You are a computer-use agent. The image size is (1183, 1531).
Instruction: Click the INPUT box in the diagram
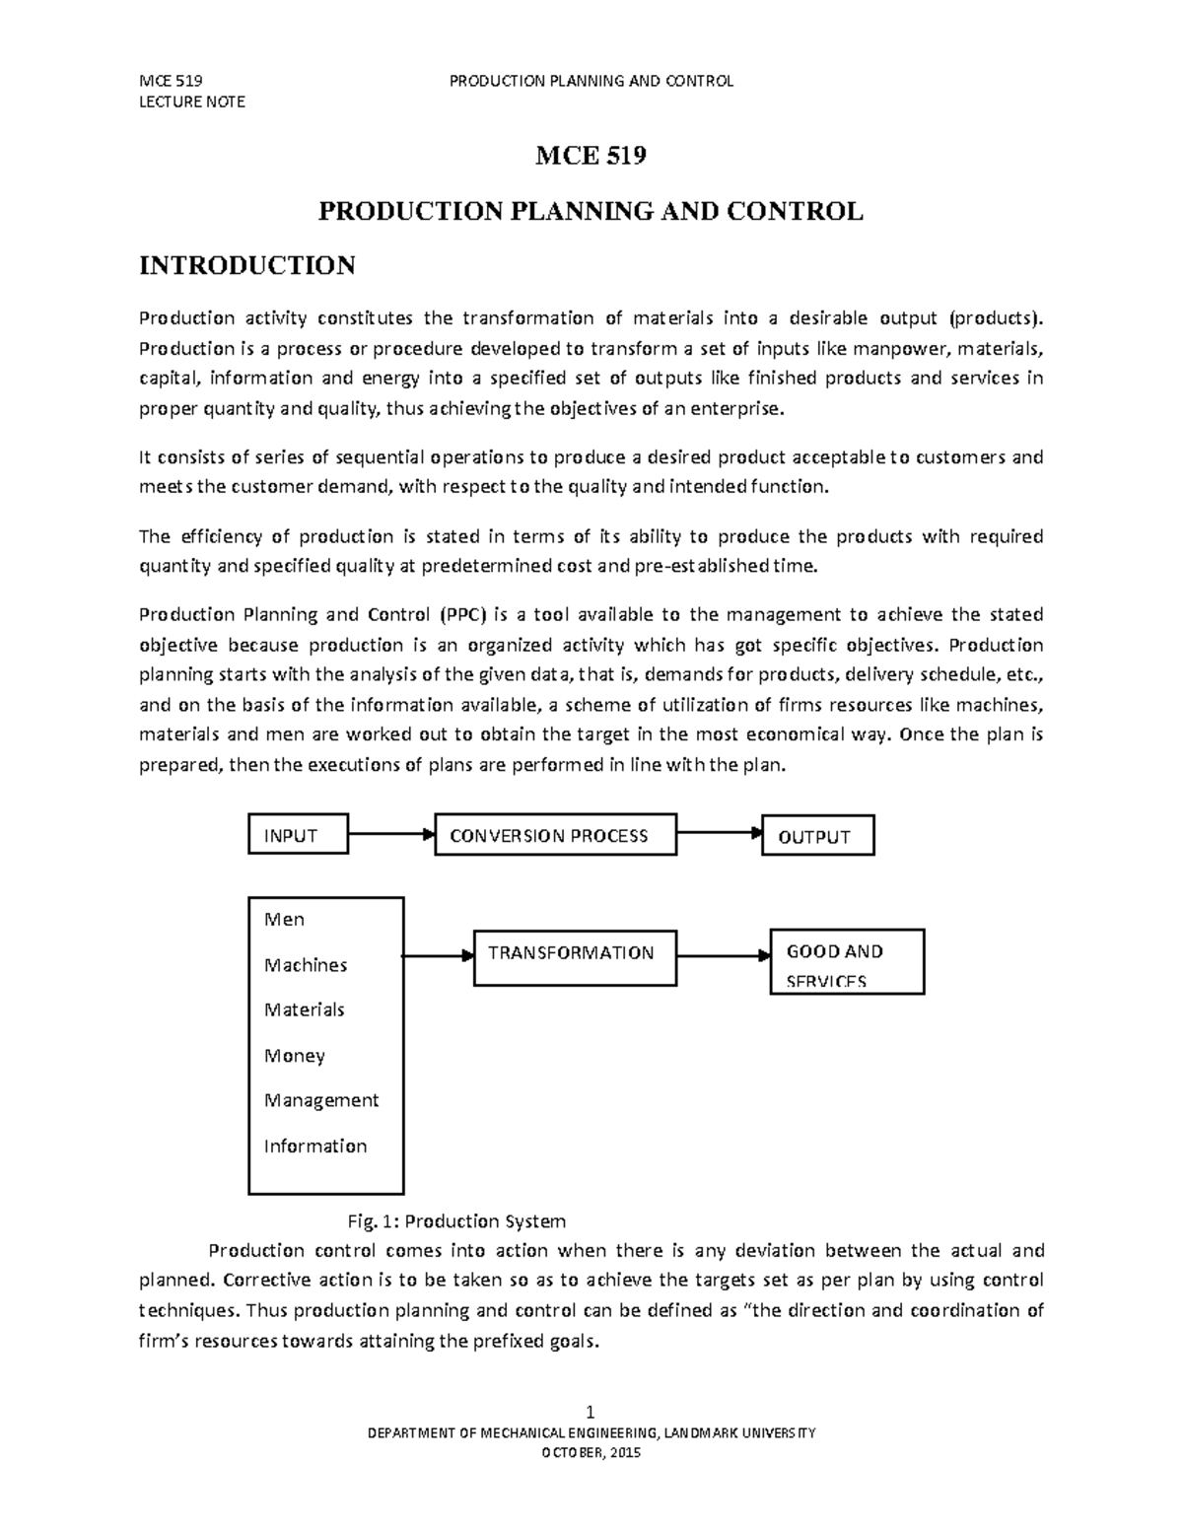297,835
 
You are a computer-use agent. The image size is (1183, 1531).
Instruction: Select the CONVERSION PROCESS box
555,835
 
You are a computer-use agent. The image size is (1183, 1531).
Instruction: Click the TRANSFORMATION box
575,956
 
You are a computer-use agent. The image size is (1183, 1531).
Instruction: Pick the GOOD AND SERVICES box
846,962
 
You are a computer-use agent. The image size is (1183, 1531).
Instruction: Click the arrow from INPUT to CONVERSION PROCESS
390,834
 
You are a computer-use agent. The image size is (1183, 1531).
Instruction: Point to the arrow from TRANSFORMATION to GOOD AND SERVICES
723,955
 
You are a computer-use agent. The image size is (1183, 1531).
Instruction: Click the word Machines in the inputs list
306,965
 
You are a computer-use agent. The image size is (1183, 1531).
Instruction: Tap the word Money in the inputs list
294,1056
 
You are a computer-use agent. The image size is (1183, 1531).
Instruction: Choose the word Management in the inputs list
321,1100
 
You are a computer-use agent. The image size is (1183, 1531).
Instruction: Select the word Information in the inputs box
315,1146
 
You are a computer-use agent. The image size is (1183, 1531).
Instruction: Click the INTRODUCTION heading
247,265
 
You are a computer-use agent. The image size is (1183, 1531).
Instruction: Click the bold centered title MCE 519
591,156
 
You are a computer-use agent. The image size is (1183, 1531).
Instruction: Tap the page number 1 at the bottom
591,1413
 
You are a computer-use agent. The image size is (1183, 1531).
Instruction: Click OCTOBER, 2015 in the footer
591,1453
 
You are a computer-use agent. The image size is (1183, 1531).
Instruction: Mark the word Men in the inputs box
284,920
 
